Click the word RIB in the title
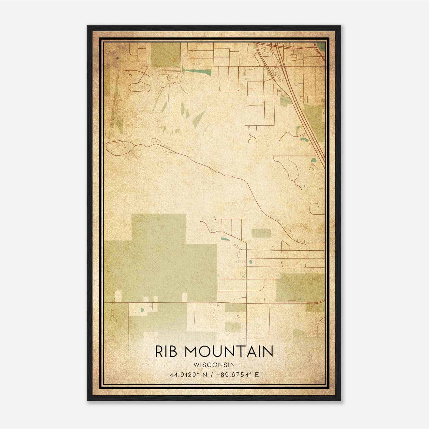tap(166, 352)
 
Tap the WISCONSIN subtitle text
tap(214, 365)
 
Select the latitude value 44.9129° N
tap(187, 375)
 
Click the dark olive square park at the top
tap(166, 55)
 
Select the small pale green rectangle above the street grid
tap(261, 233)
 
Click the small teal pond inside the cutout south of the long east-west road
tap(142, 310)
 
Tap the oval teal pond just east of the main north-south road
tap(250, 262)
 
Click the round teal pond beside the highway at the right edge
tap(313, 161)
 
